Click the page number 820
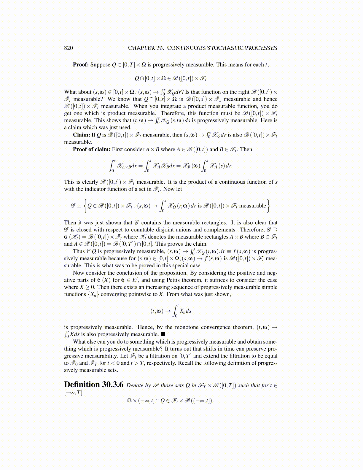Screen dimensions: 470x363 pyautogui.click(x=68, y=48)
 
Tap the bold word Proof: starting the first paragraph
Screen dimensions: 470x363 pyautogui.click(x=81, y=65)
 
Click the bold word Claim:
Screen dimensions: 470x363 pyautogui.click(x=82, y=135)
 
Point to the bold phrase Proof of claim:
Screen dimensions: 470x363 pyautogui.click(x=92, y=149)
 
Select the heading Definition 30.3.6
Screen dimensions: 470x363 pyautogui.click(x=93, y=385)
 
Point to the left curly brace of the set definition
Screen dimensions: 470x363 pyautogui.click(x=85, y=206)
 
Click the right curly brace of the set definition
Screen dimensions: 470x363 pyautogui.click(x=268, y=206)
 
